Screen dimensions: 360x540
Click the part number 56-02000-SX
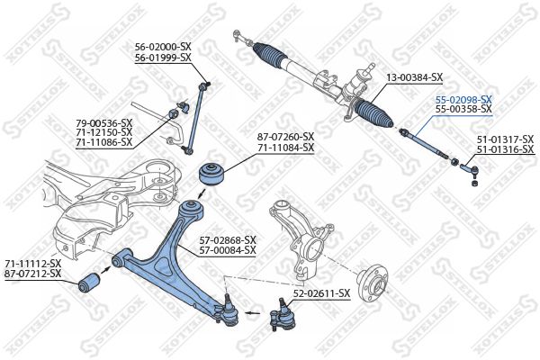163,47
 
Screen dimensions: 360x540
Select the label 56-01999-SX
163,58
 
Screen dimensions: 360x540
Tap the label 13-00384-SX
415,77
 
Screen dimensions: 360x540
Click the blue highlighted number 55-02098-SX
463,99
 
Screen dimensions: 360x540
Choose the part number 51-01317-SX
505,139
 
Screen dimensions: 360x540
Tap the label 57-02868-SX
228,239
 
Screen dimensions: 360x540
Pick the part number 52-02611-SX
321,293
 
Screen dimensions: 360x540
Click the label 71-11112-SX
32,262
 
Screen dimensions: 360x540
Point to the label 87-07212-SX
32,273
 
